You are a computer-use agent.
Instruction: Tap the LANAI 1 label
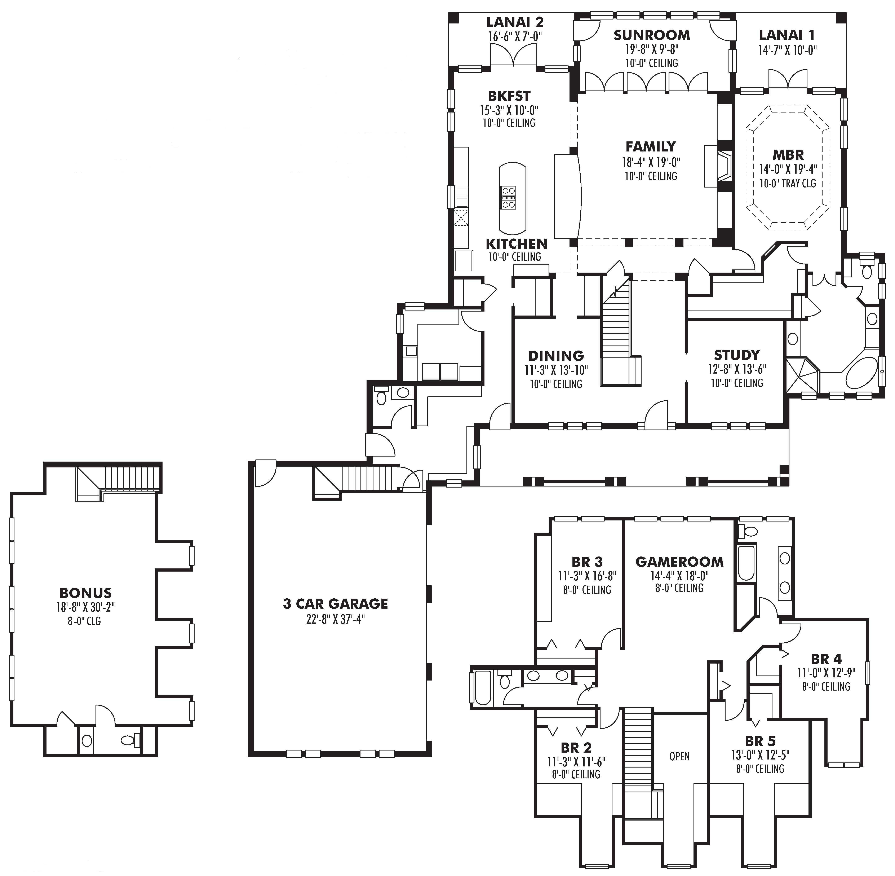(787, 35)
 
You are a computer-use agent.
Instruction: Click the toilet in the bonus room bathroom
(128, 740)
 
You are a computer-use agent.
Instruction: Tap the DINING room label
(556, 356)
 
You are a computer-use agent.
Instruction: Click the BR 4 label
(826, 659)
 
